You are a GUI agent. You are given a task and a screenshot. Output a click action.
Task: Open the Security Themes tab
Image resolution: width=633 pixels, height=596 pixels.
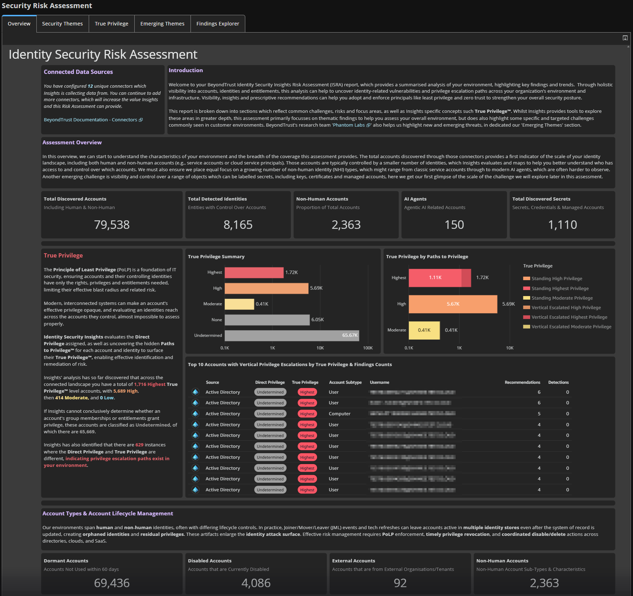click(62, 24)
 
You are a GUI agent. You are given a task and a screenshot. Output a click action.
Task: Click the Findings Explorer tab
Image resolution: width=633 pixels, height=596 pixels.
click(217, 24)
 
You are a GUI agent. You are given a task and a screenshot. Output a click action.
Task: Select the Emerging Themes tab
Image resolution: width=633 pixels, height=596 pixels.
click(162, 24)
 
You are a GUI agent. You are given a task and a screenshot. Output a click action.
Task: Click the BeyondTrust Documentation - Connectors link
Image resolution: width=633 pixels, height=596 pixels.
click(93, 120)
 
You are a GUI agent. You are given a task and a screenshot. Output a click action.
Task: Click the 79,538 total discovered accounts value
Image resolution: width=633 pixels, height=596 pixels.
click(112, 225)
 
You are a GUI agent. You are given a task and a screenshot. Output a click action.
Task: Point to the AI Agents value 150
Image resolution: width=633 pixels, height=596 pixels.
click(454, 225)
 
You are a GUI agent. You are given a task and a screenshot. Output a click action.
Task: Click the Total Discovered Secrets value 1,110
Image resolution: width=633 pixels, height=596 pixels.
click(562, 225)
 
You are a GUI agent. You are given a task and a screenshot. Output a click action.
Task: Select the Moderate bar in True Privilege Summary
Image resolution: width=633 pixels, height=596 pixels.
click(239, 304)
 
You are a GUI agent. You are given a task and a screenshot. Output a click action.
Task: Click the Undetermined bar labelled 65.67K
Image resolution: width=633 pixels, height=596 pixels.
click(292, 335)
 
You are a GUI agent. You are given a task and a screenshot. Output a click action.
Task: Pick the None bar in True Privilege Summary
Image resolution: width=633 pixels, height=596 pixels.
click(267, 320)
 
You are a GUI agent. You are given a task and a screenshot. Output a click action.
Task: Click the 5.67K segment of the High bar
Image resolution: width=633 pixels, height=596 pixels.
click(452, 304)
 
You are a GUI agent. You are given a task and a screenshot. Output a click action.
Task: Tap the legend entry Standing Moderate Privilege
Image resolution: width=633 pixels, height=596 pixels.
click(562, 298)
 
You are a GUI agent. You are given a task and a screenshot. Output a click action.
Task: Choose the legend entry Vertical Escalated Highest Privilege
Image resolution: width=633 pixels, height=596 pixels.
click(569, 317)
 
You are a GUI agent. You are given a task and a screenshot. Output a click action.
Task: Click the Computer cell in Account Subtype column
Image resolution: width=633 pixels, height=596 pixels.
click(339, 414)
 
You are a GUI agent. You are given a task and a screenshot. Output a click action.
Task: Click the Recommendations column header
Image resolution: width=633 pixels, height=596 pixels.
click(522, 382)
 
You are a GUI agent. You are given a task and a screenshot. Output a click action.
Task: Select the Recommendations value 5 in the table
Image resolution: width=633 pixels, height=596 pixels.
click(539, 414)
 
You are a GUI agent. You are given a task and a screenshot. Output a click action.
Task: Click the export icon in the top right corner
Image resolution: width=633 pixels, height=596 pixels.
click(625, 38)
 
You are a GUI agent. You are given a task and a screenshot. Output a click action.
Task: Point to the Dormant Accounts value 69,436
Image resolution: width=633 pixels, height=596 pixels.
click(112, 583)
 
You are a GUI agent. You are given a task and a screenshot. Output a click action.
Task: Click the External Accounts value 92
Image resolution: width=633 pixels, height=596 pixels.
click(400, 583)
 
